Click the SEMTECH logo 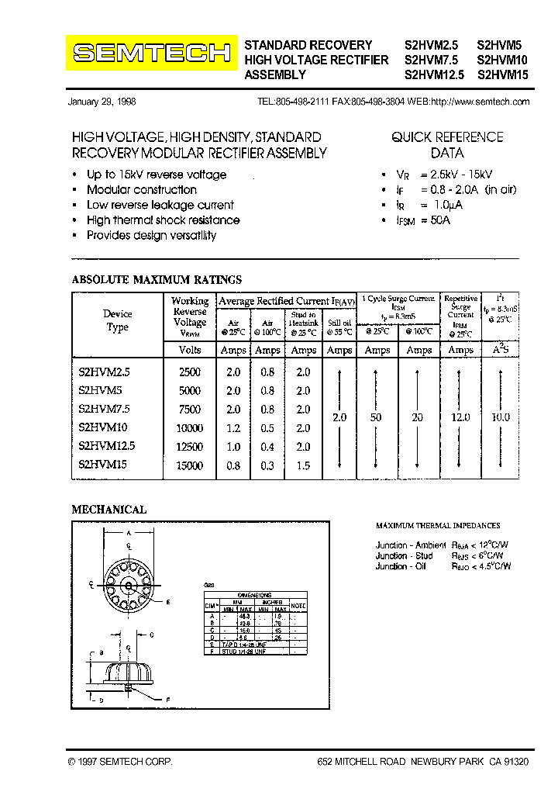(151, 53)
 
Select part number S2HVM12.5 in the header (434, 75)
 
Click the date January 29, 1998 (102, 102)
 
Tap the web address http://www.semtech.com (480, 102)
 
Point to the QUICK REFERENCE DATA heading (447, 145)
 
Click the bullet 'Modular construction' (142, 190)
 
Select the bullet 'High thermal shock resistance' (163, 220)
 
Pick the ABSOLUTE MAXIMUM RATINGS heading (157, 280)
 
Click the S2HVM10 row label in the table (103, 427)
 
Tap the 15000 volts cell (190, 465)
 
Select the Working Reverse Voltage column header (190, 316)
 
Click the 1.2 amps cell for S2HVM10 (233, 428)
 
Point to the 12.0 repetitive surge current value (460, 418)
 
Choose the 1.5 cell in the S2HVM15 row (303, 465)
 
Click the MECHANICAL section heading (109, 510)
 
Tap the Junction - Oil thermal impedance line (443, 566)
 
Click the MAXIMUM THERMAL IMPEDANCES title (438, 526)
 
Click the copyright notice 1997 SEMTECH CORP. (120, 763)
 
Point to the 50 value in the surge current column (377, 418)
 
